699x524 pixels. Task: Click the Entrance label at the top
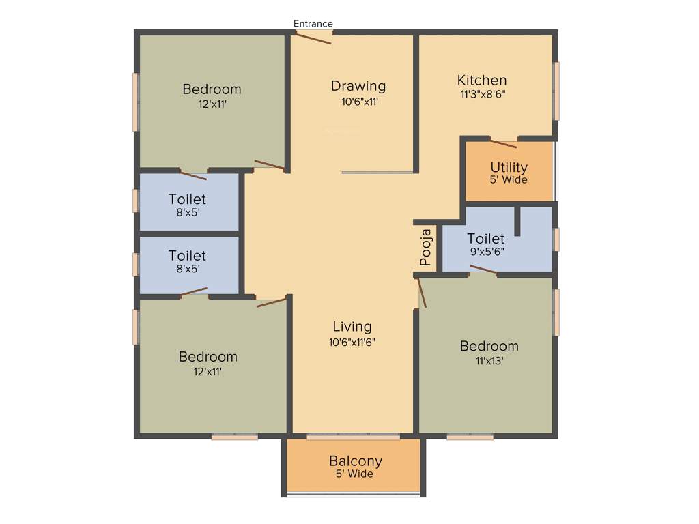[313, 24]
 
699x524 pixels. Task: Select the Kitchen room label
[482, 81]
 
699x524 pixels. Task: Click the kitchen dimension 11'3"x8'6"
[482, 95]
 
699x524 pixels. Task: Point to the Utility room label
[509, 167]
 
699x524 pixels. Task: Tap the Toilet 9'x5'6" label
[486, 239]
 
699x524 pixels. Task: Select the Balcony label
[355, 461]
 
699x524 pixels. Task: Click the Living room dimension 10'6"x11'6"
[352, 342]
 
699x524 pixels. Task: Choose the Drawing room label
[358, 86]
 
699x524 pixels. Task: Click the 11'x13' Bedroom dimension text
[489, 361]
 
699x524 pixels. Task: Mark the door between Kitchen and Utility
[504, 143]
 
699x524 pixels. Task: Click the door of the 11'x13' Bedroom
[421, 292]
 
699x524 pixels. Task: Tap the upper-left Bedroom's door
[270, 164]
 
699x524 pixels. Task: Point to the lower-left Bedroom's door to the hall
[272, 302]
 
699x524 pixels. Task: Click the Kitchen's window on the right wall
[556, 91]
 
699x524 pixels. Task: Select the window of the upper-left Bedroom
[136, 102]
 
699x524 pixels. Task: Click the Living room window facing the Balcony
[353, 436]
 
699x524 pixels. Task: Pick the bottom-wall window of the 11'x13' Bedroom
[470, 437]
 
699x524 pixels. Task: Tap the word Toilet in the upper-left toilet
[187, 199]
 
